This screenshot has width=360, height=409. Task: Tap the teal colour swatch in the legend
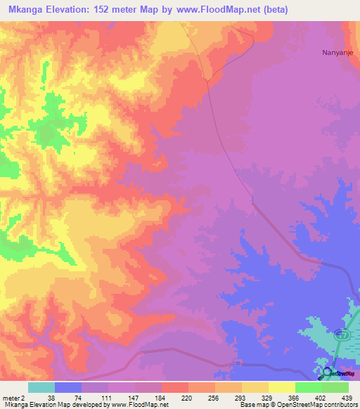[41, 387]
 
